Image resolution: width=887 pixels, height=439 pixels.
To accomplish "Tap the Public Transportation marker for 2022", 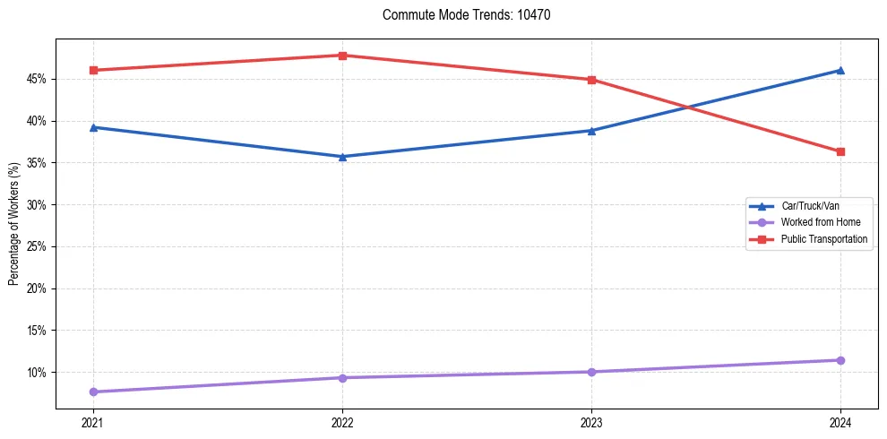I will click(342, 56).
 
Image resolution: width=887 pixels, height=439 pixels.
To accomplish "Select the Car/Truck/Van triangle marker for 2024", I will click(840, 70).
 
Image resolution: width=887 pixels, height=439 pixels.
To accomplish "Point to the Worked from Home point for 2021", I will click(93, 392).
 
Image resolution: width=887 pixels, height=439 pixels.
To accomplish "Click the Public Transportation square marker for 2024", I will click(840, 151).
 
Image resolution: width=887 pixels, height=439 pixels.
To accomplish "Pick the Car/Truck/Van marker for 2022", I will click(342, 157).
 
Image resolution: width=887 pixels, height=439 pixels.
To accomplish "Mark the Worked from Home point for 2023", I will click(591, 372).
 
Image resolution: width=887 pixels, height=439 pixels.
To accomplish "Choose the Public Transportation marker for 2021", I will click(93, 70).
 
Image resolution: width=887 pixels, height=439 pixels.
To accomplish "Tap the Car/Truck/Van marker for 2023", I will click(591, 131).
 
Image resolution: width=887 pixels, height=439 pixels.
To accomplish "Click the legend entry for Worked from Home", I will click(820, 222).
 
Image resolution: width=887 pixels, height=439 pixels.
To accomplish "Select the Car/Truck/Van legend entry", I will click(810, 206).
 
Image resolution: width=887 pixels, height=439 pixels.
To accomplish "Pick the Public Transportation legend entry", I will click(823, 239).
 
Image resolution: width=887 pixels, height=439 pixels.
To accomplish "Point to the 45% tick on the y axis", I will click(37, 79).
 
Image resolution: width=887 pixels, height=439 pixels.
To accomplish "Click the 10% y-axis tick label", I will click(37, 372).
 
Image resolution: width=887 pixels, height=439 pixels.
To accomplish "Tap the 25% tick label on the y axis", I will click(37, 246).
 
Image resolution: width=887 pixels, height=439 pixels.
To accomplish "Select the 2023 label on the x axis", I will click(591, 422).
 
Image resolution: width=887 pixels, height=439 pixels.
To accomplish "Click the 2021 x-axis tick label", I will click(93, 422).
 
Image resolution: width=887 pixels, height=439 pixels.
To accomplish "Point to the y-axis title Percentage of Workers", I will click(13, 224).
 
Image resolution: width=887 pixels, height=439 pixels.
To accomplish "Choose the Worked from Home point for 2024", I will click(840, 360).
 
